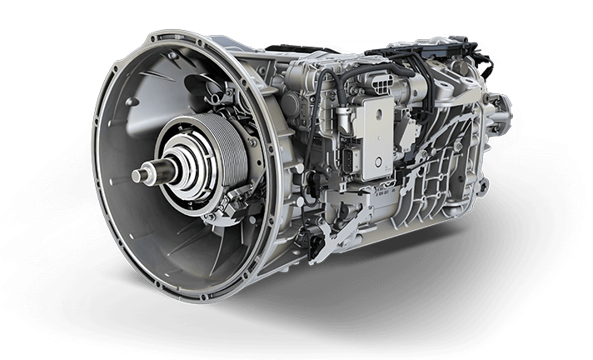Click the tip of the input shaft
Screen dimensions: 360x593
137,176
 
